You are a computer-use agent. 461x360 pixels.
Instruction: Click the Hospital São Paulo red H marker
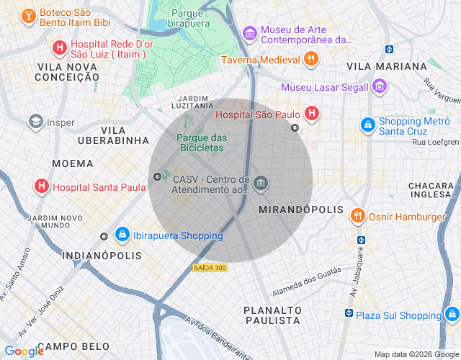[x=312, y=113]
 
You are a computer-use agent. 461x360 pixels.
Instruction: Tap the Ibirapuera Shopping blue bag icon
[x=122, y=235]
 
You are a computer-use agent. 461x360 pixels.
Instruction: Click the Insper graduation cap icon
[x=35, y=122]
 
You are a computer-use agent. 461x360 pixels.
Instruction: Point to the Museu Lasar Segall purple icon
[x=380, y=87]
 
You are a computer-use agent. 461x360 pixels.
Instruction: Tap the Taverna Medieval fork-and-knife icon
[x=311, y=60]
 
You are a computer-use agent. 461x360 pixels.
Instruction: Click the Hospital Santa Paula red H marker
[x=42, y=187]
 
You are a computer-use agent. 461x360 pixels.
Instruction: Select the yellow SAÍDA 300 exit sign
[x=210, y=268]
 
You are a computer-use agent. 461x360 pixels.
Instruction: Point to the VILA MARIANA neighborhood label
[x=387, y=66]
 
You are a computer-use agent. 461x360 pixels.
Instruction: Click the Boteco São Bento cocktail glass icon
[x=28, y=16]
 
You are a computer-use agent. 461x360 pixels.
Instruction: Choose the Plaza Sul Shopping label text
[x=398, y=315]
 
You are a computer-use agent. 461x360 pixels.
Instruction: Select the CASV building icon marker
[x=261, y=184]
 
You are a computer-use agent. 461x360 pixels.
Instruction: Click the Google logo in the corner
[x=24, y=351]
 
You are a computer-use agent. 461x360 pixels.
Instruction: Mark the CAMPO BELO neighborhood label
[x=73, y=347]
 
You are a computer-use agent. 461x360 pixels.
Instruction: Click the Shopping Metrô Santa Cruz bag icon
[x=368, y=125]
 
